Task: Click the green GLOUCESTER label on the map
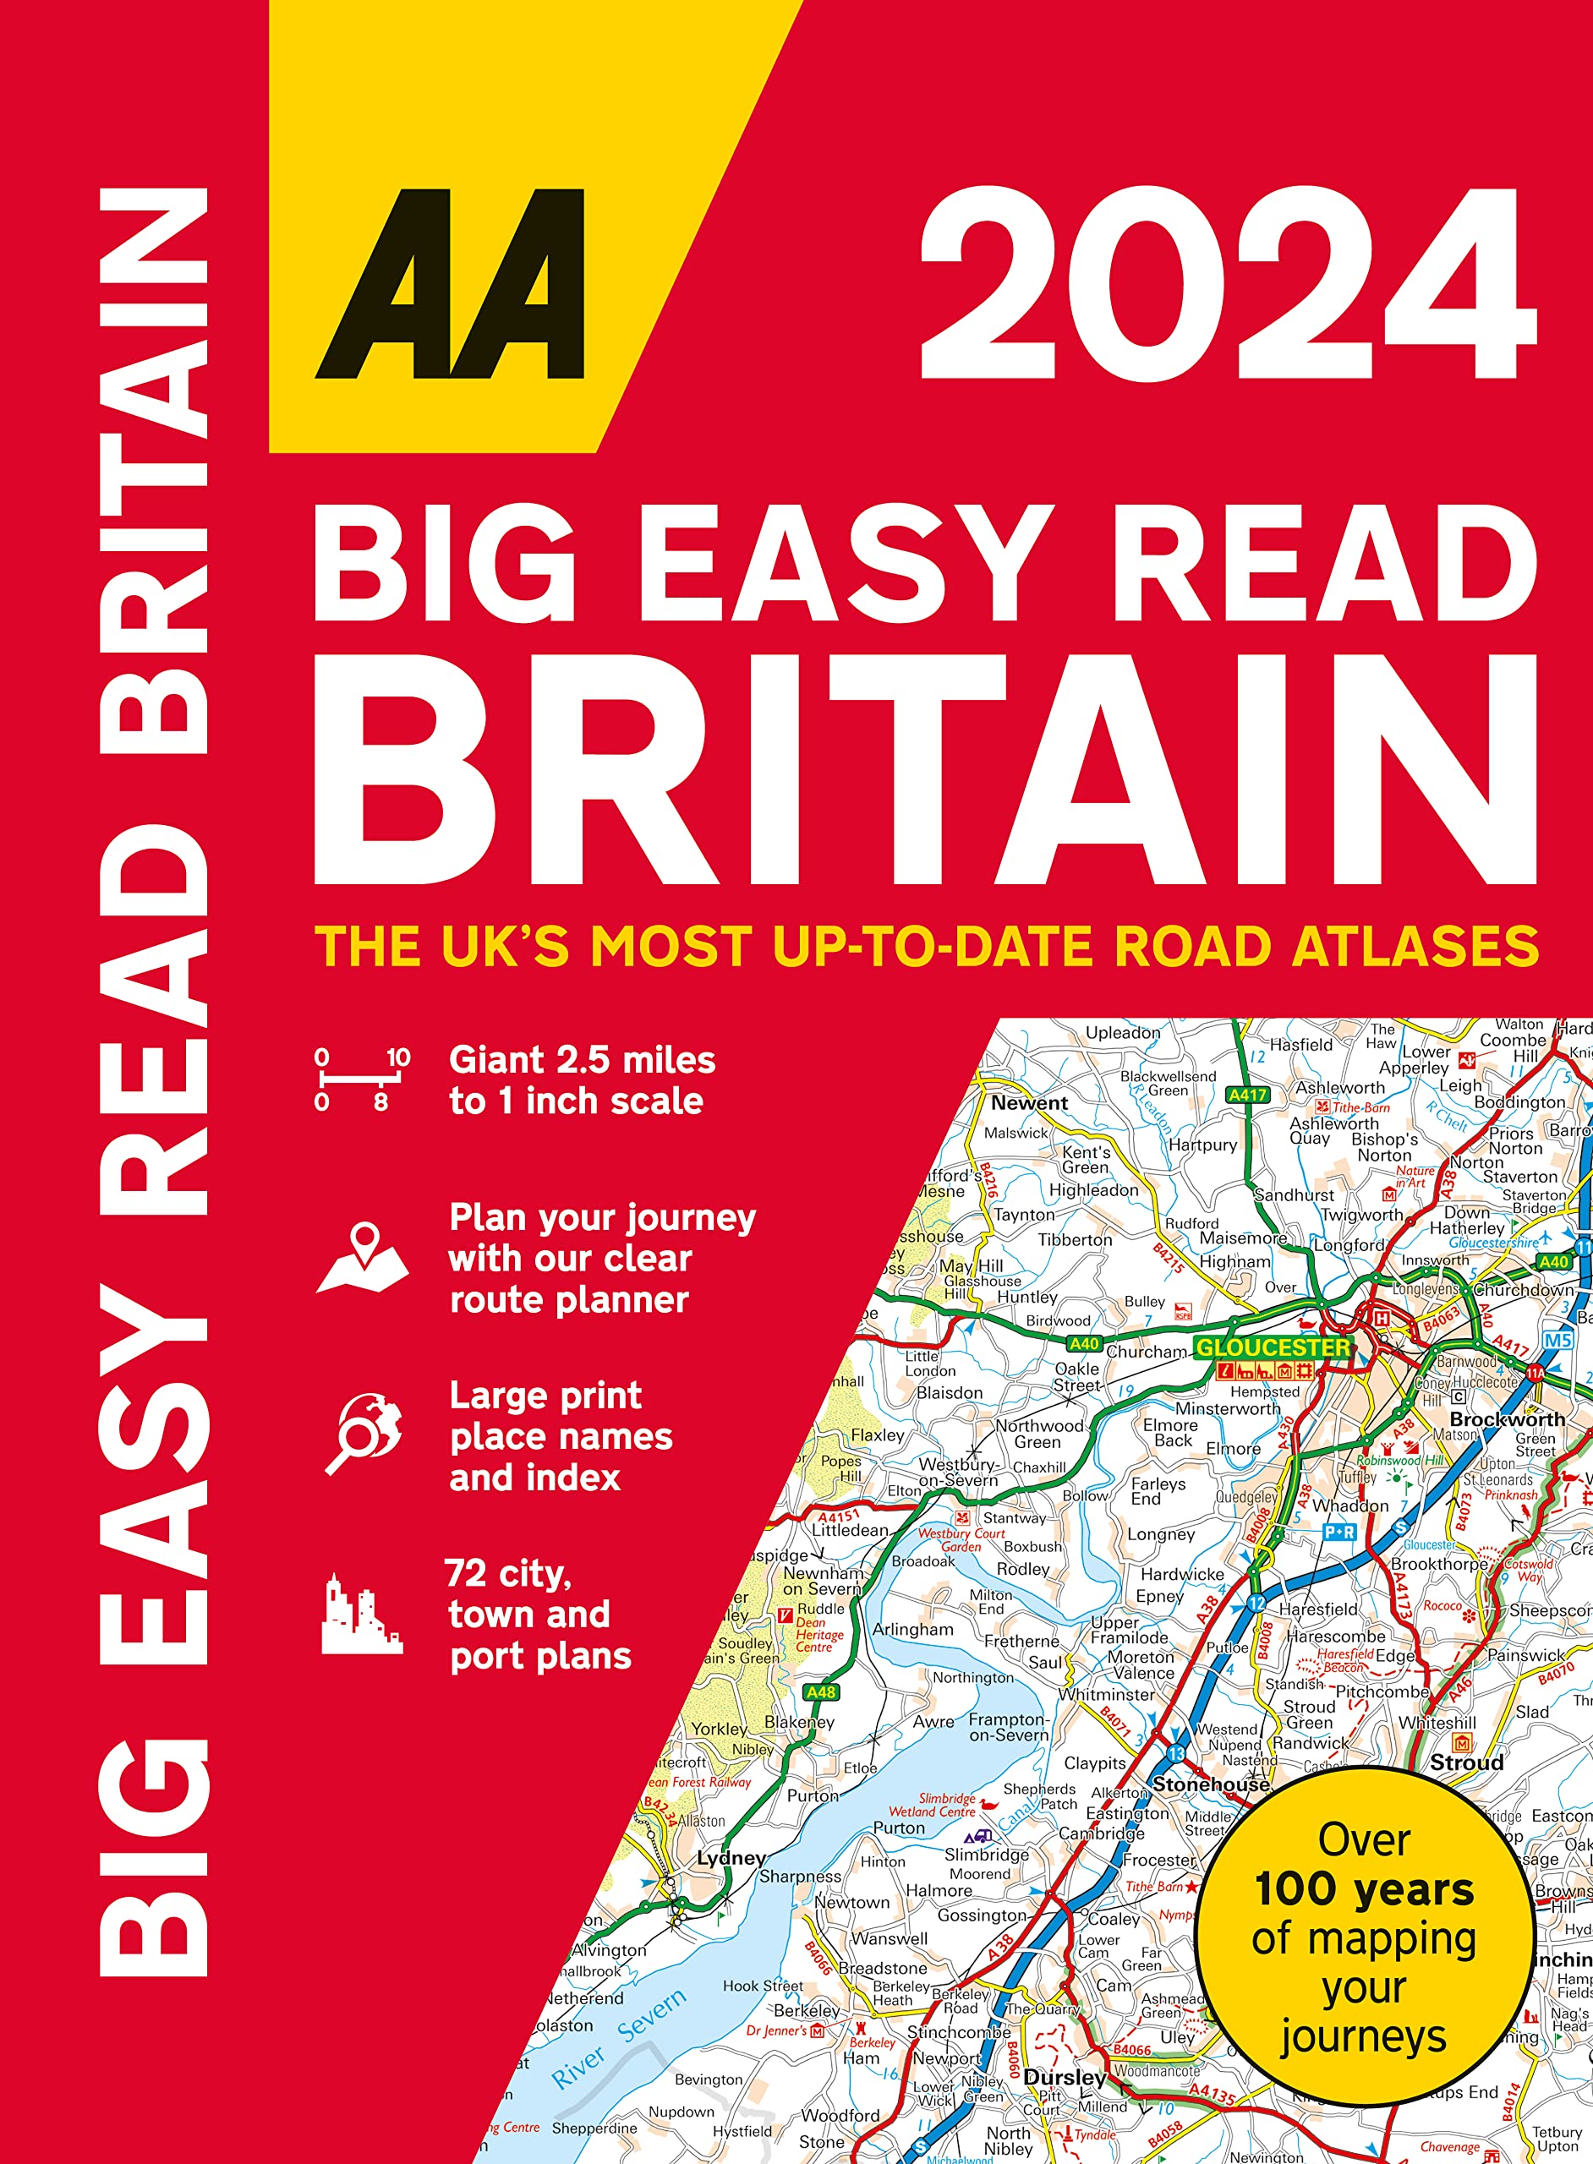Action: coord(1272,1347)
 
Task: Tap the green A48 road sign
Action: coord(821,1691)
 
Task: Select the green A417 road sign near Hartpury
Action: coord(1247,1095)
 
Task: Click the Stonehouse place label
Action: coord(1210,1784)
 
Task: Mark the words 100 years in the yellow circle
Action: coord(1364,1889)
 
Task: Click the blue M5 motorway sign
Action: coord(1557,1340)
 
